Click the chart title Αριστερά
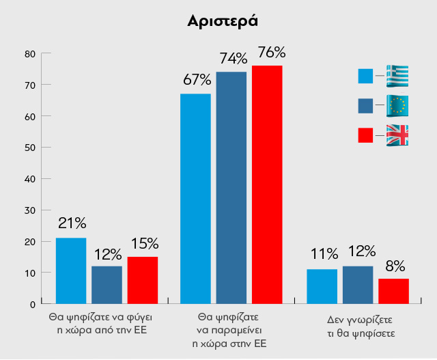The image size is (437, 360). coord(222,21)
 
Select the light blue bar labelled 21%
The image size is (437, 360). coord(70,271)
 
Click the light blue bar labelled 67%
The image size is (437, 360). coord(195,198)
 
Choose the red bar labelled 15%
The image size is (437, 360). coord(143,280)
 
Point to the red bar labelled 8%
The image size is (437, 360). coord(393,291)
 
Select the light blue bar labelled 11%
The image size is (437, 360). coord(322,286)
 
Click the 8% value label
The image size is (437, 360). coord(395,266)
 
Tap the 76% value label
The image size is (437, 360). coord(271,53)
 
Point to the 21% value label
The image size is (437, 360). coord(72,223)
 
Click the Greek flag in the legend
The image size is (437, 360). coord(397,76)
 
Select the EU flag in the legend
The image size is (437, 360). coord(397,105)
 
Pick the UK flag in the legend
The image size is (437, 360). coord(397,135)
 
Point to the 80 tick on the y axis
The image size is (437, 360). coord(30,54)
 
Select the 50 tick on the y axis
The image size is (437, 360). coord(30,148)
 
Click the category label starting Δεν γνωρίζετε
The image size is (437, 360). coord(357,326)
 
